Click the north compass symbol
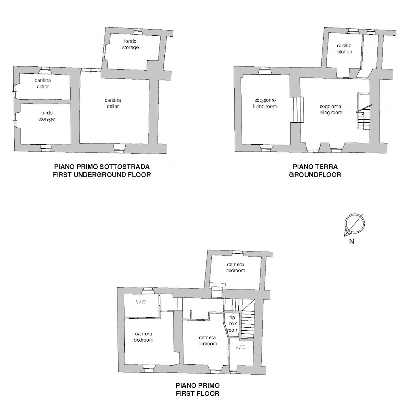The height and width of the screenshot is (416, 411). click(354, 224)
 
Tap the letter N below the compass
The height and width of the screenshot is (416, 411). click(352, 241)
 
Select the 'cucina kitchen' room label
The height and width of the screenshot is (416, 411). click(344, 49)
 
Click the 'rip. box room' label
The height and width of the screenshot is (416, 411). click(233, 324)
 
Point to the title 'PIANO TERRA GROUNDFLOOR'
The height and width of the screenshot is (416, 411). click(315, 171)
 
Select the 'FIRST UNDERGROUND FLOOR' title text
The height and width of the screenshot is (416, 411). click(102, 175)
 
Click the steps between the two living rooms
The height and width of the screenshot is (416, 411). click(298, 109)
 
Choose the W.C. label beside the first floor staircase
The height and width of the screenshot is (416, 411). click(241, 347)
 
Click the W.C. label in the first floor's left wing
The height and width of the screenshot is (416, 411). click(141, 302)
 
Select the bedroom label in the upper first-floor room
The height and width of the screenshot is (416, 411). click(235, 267)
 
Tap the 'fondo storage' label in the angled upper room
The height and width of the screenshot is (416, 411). click(130, 44)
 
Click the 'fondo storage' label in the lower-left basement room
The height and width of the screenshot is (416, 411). click(47, 116)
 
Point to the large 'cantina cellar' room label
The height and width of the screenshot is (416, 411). click(113, 103)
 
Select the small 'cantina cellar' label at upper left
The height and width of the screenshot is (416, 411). click(43, 84)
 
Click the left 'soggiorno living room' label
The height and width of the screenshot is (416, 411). click(265, 103)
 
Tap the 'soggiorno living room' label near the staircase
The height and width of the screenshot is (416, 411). click(330, 109)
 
